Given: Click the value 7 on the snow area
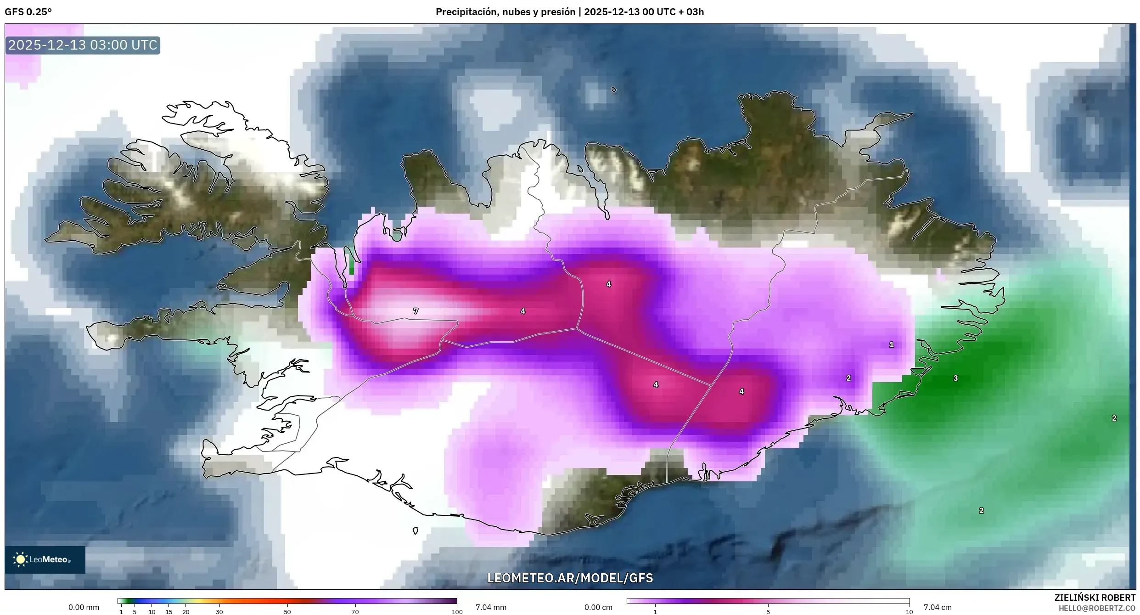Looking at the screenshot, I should (x=416, y=311).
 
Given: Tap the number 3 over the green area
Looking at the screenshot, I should (x=955, y=378).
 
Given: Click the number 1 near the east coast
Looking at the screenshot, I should (x=891, y=344).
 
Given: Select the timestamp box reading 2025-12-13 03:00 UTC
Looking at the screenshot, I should (x=83, y=45).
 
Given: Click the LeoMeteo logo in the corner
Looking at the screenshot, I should (x=45, y=559).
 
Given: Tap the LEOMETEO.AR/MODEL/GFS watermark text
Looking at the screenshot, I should (x=570, y=578).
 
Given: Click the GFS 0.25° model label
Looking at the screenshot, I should (x=28, y=12).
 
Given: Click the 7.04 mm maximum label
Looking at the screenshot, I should (x=491, y=607).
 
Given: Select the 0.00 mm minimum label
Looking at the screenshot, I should (x=84, y=607).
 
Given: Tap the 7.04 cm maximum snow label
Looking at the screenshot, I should (x=938, y=607).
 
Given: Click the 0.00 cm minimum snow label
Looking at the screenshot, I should (x=598, y=607).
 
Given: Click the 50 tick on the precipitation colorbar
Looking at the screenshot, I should (x=287, y=612).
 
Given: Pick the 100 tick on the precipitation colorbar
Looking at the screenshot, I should (x=457, y=612).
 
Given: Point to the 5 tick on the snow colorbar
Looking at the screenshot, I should (x=768, y=612).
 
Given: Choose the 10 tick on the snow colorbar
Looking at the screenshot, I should (x=909, y=612).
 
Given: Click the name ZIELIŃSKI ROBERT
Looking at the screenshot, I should (x=1095, y=598).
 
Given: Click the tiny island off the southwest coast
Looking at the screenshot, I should (x=415, y=531).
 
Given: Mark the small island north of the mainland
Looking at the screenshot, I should (x=613, y=90).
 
